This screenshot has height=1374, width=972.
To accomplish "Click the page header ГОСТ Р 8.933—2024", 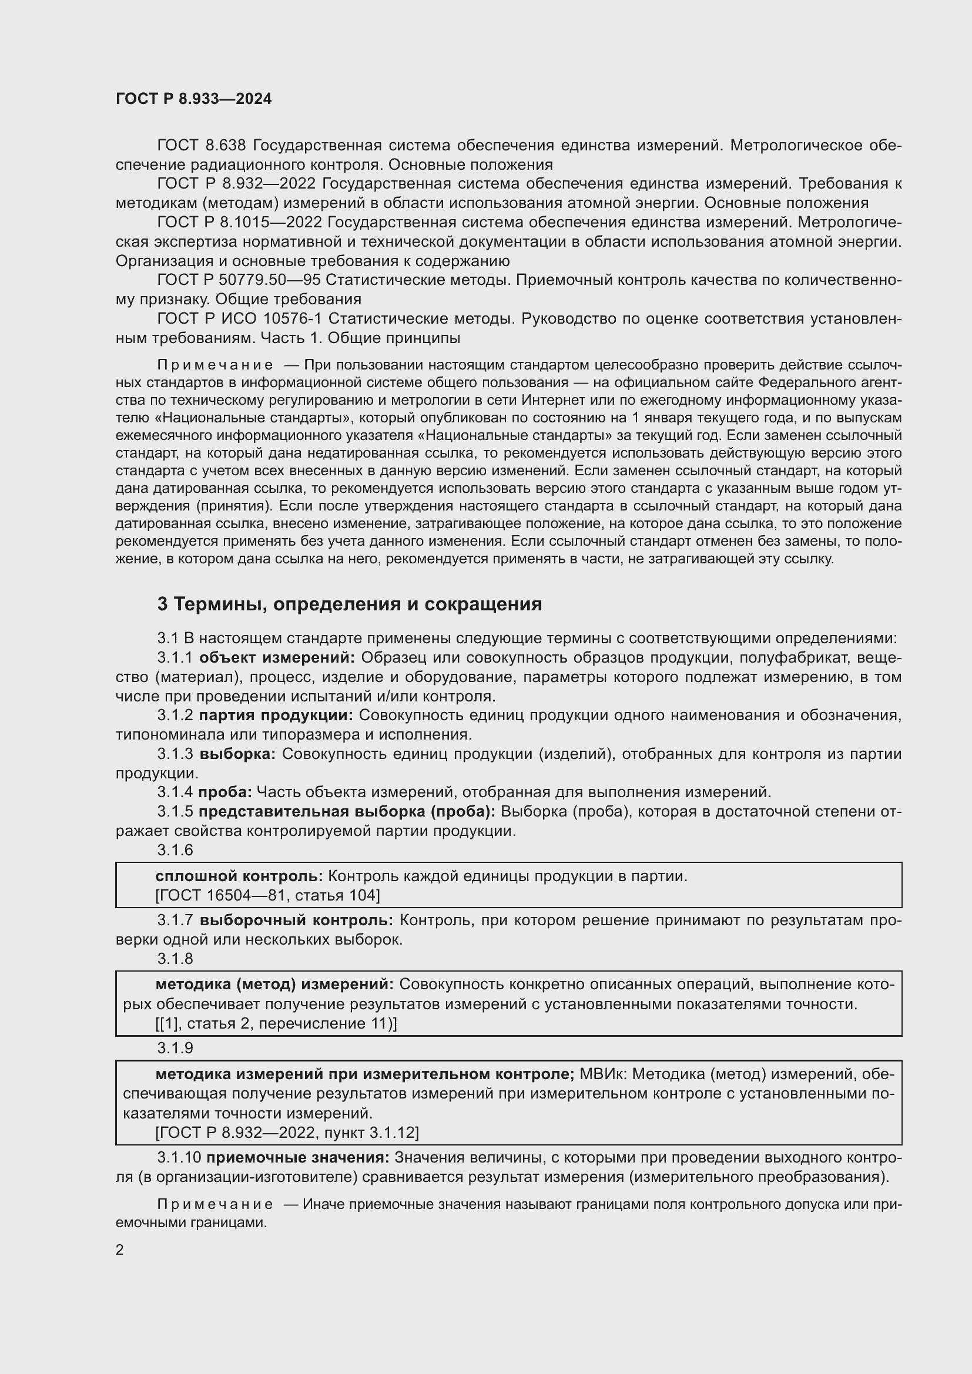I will point(193,99).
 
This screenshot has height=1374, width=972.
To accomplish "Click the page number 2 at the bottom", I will point(120,1250).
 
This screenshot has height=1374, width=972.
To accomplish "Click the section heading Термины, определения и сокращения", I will point(350,604).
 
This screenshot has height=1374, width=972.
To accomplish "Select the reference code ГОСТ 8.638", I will point(202,146).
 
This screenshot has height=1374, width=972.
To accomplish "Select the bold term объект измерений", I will point(277,658).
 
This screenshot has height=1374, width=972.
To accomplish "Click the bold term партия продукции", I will point(276,715).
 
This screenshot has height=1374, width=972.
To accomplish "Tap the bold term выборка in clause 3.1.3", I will point(237,754).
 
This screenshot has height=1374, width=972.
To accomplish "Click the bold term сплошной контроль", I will point(239,876).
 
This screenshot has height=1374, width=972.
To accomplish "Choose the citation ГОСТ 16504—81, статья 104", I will point(267,895).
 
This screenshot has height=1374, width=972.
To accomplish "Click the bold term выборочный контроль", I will point(296,920).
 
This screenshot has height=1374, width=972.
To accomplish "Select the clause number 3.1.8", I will point(175,959).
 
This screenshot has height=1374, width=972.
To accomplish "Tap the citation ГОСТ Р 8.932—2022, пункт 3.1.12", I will point(287,1132).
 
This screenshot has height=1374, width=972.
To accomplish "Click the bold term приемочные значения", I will point(297,1157).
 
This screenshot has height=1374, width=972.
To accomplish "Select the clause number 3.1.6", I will point(175,851).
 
